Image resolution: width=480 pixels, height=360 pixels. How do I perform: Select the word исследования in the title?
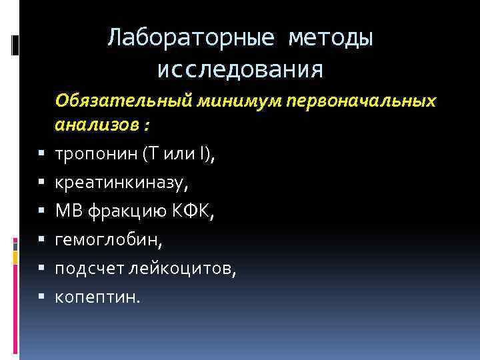pyautogui.click(x=241, y=69)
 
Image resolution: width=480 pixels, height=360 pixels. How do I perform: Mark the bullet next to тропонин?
pyautogui.click(x=41, y=155)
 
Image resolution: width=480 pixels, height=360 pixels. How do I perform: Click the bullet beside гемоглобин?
pyautogui.click(x=41, y=239)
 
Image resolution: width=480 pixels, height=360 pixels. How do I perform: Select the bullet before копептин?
pyautogui.click(x=41, y=297)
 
